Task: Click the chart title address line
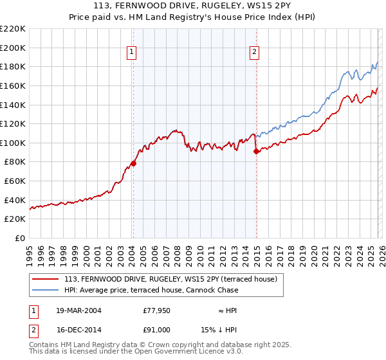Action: click(192, 6)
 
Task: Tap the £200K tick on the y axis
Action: click(13, 48)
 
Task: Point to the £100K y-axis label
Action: click(13, 143)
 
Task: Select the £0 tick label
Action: click(19, 238)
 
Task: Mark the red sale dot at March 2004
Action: click(134, 163)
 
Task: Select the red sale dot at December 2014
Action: click(256, 152)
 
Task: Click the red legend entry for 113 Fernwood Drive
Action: click(170, 279)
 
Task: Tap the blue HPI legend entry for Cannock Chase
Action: click(151, 290)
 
